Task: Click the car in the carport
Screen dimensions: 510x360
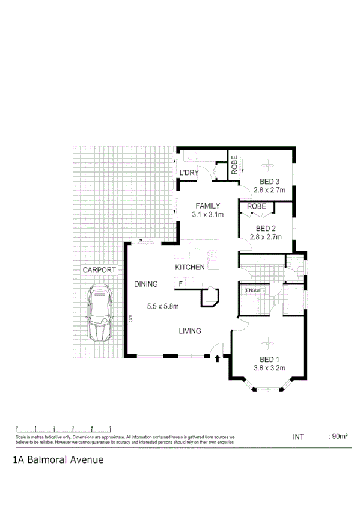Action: point(100,313)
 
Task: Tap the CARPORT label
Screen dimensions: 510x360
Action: point(99,270)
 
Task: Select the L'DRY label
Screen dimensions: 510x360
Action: point(189,173)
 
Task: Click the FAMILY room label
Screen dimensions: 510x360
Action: point(208,206)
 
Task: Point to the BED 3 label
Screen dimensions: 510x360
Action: point(269,182)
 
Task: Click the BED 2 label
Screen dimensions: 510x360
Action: point(266,229)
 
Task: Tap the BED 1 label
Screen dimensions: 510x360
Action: point(269,360)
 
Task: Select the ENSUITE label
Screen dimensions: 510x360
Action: point(255,291)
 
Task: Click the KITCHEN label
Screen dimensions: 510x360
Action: point(190,267)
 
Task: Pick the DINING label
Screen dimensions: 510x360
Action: point(146,284)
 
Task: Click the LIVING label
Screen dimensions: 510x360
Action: point(189,331)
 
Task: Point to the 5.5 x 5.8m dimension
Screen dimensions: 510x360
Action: point(163,306)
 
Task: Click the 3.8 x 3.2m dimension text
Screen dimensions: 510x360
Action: point(269,368)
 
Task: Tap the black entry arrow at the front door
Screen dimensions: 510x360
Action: point(217,359)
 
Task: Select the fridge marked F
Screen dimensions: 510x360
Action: point(180,283)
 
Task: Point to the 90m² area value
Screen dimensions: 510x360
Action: point(340,436)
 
